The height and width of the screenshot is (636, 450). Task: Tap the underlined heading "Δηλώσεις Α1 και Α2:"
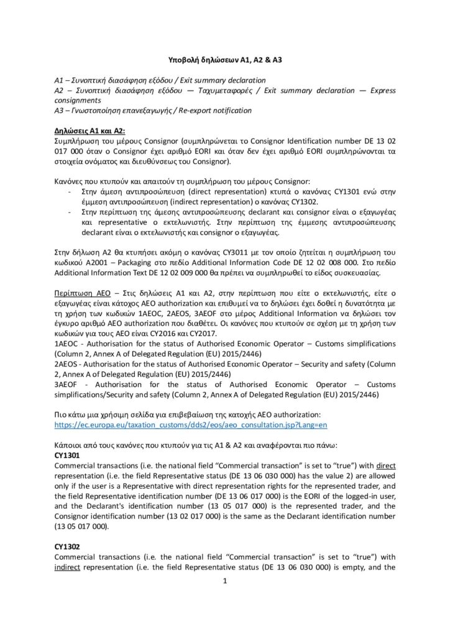click(x=90, y=132)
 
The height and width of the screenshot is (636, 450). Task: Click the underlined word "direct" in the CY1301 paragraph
click(x=383, y=465)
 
